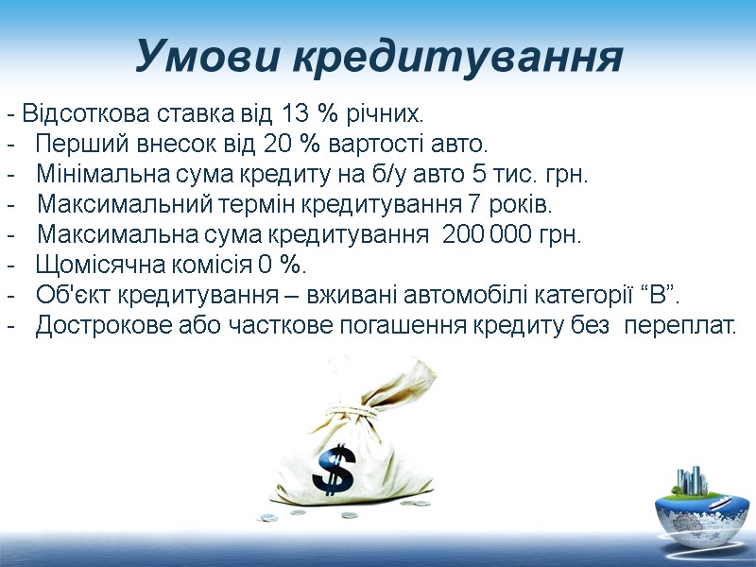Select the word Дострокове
pyautogui.click(x=100, y=325)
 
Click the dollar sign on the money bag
pyautogui.click(x=334, y=471)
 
